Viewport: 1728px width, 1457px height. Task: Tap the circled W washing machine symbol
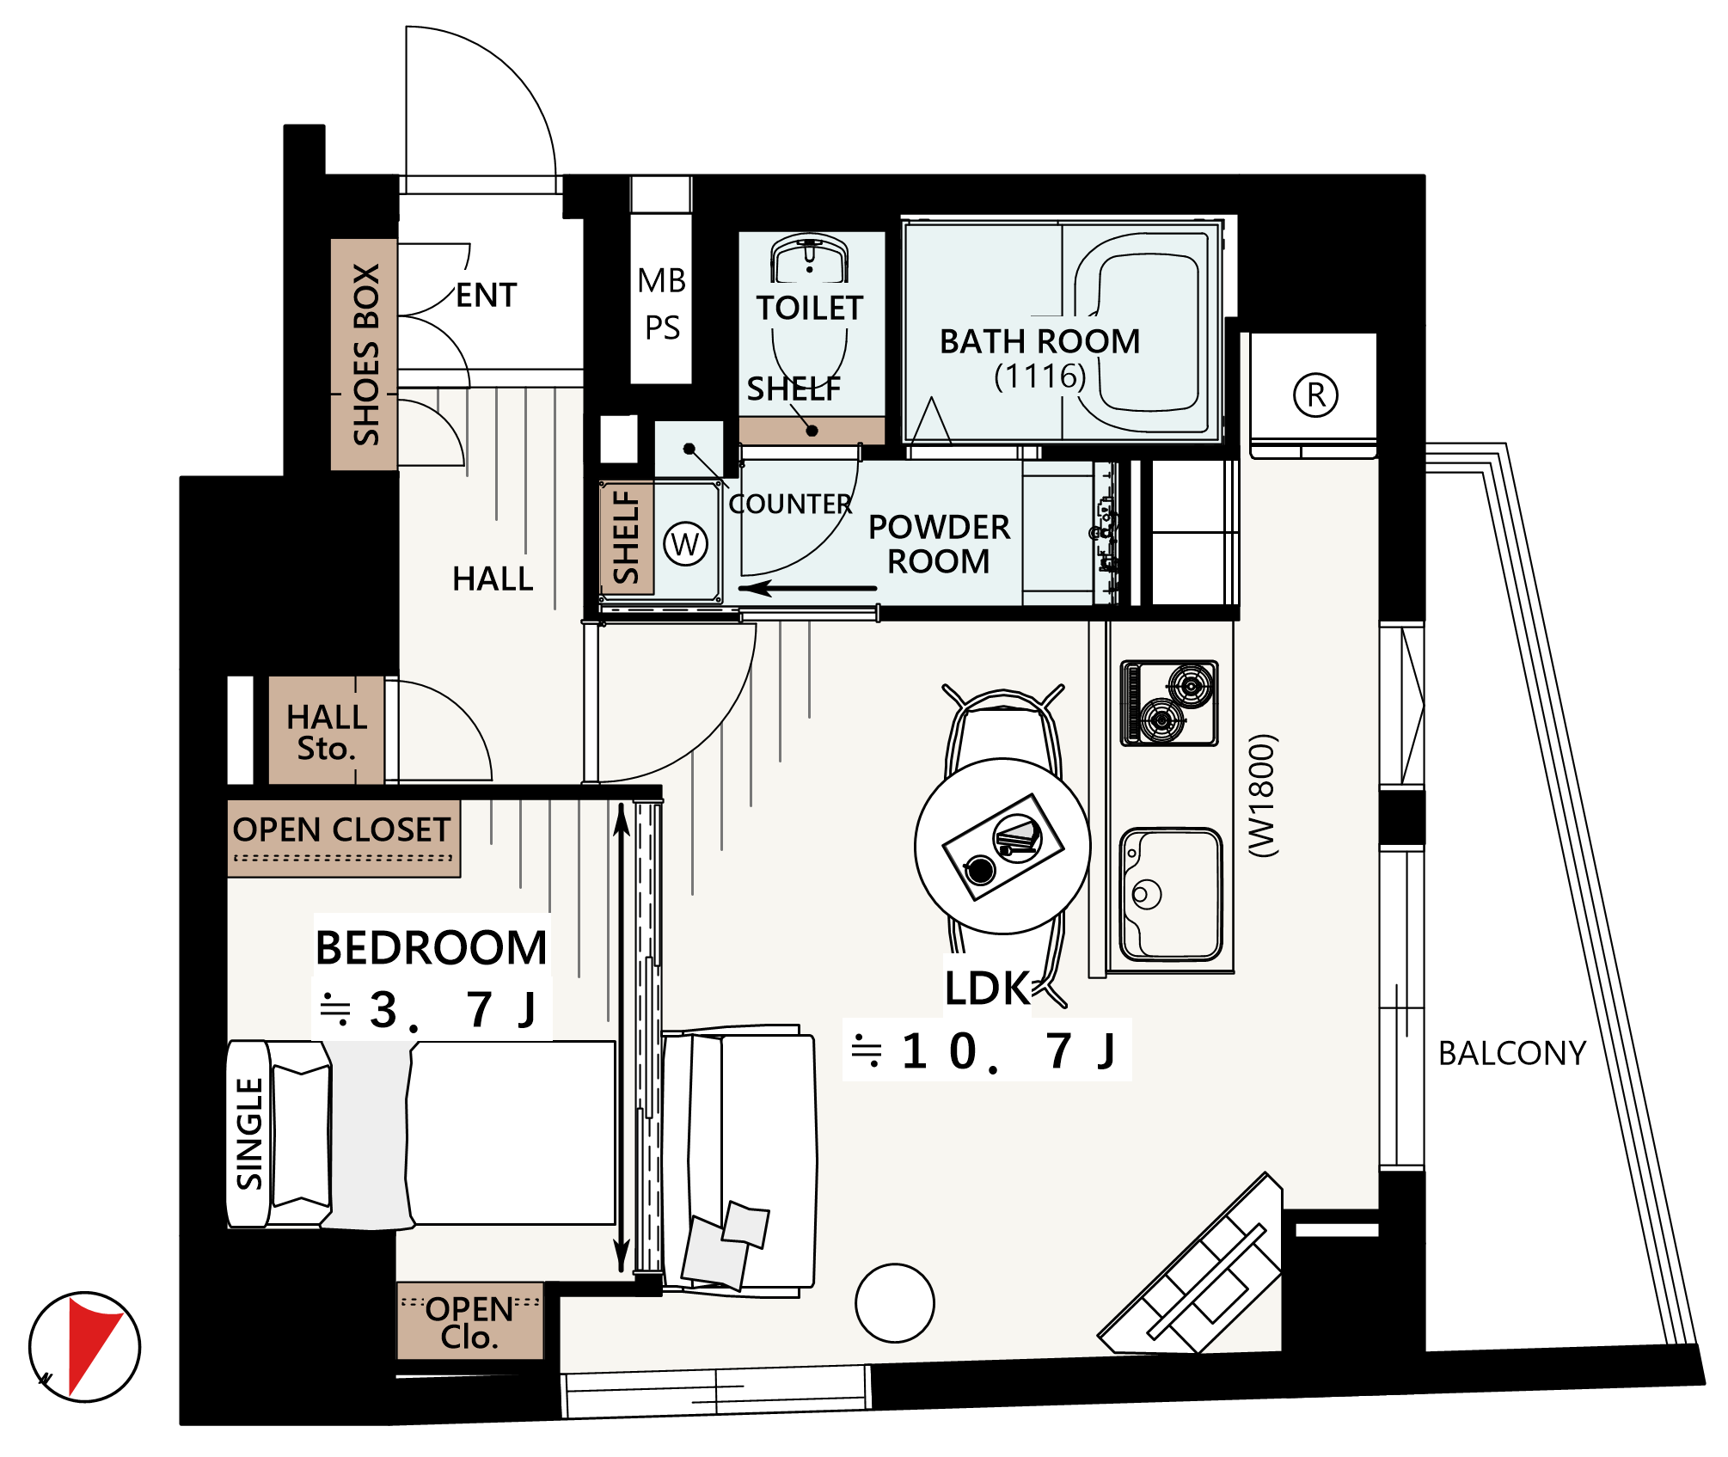(x=685, y=544)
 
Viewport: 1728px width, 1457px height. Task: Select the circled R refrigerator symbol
(x=1315, y=395)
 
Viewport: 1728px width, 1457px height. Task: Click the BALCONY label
(x=1512, y=1053)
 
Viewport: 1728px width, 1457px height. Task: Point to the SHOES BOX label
(x=366, y=354)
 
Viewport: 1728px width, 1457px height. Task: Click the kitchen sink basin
(x=1172, y=894)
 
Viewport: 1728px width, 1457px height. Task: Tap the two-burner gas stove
(x=1170, y=702)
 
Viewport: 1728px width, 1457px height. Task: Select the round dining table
(x=1002, y=846)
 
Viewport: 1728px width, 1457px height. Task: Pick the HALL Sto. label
(x=327, y=732)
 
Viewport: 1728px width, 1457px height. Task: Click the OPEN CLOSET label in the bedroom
(x=341, y=830)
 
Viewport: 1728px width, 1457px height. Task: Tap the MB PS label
(x=662, y=303)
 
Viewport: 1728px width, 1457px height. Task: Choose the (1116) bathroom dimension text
(x=1040, y=376)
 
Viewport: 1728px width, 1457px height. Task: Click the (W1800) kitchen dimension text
(x=1263, y=795)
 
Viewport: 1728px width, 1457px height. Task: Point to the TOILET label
(x=810, y=308)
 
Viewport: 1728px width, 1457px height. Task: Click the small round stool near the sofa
(x=895, y=1303)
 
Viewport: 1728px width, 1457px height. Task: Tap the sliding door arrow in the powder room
(x=807, y=589)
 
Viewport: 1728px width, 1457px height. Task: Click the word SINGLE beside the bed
(x=249, y=1134)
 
